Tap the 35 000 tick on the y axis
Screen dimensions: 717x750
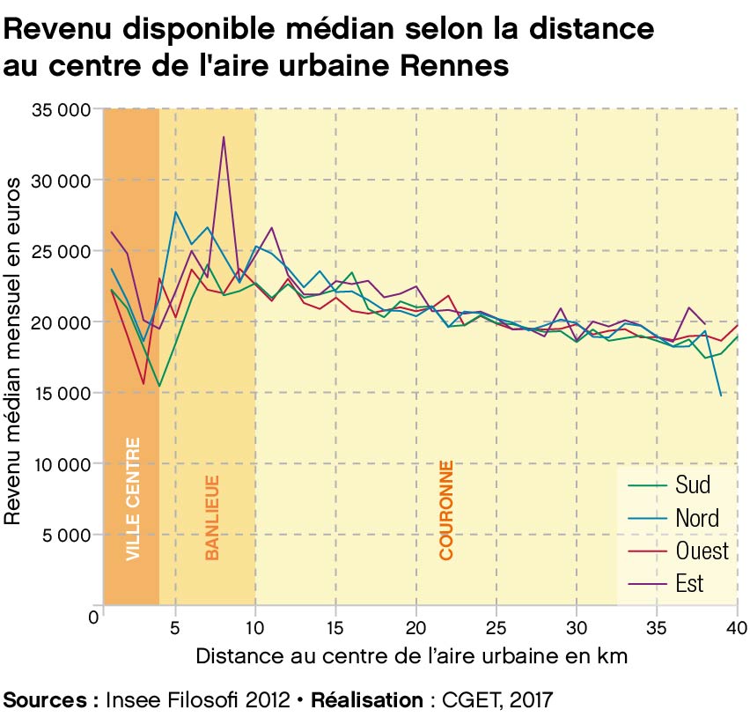[61, 110]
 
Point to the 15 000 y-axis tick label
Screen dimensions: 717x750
[61, 393]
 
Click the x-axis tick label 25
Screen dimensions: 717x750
[496, 630]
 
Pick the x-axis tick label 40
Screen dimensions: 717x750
[736, 630]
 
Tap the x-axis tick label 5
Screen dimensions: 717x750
[176, 630]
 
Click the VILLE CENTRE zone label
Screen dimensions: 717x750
[133, 499]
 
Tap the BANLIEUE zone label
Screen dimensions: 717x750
[212, 518]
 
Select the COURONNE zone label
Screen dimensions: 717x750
[446, 511]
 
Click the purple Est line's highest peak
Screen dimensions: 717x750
[224, 137]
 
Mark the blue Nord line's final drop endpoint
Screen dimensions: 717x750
[721, 395]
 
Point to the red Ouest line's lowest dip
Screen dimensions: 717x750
[143, 384]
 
